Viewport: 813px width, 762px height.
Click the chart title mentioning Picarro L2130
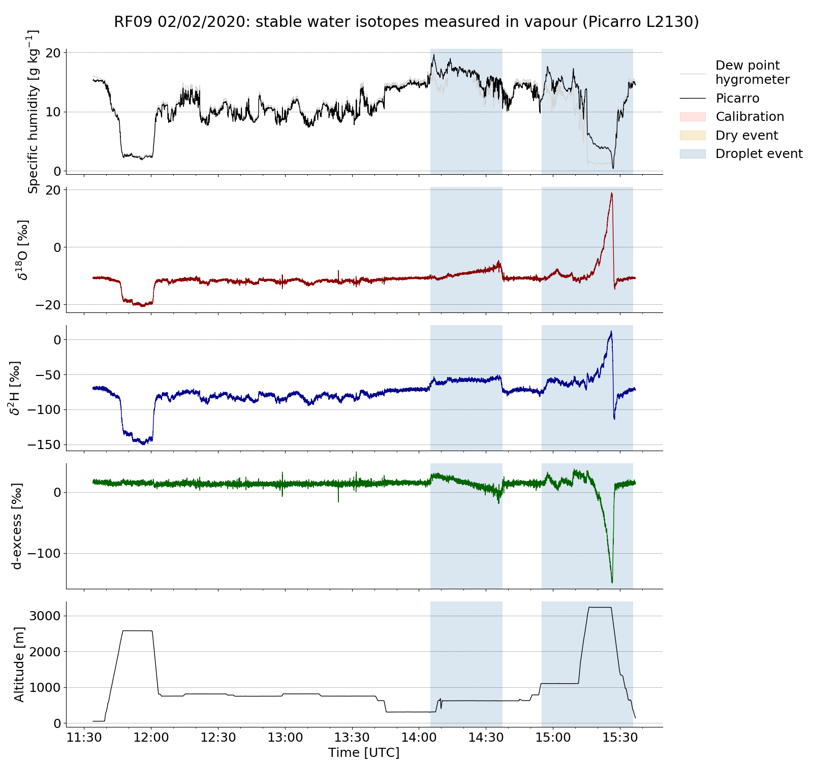click(x=406, y=22)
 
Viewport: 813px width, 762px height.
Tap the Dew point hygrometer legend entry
click(x=752, y=72)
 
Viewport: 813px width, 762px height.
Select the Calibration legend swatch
click(x=693, y=117)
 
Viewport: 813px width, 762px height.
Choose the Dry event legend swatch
click(x=693, y=136)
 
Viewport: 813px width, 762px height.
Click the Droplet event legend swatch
click(x=693, y=154)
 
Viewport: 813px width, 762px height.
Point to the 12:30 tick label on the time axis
click(x=218, y=737)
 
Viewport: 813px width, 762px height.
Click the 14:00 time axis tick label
click(x=419, y=737)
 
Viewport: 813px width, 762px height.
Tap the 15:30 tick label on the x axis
click(x=619, y=737)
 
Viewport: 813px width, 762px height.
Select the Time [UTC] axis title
click(x=364, y=753)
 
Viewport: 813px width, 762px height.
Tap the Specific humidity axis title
click(x=33, y=112)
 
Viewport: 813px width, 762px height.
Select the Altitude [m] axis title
click(x=19, y=664)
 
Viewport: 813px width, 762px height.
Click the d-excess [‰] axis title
click(x=17, y=526)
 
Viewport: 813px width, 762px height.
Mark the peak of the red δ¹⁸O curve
click(x=612, y=193)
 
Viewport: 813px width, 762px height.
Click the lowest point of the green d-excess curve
click(x=612, y=583)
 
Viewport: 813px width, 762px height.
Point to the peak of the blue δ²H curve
click(x=611, y=332)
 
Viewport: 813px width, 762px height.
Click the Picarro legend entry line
click(x=693, y=99)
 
